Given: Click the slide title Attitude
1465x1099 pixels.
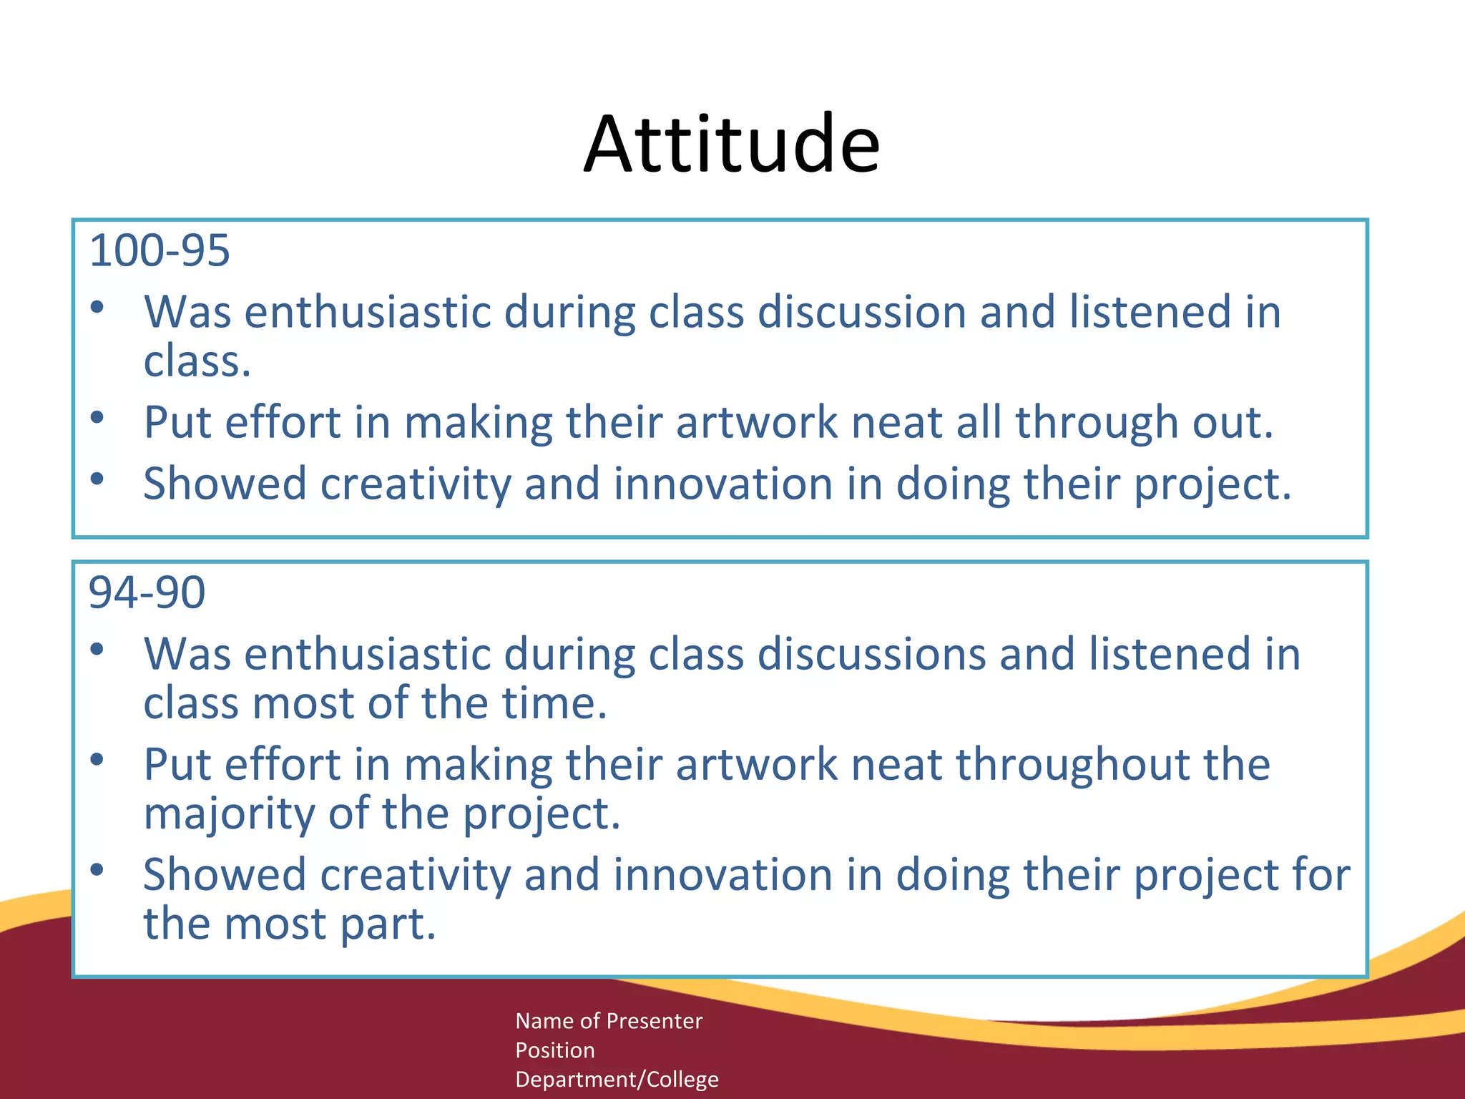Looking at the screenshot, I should (x=731, y=145).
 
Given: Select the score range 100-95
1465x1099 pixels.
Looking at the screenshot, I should (x=159, y=251).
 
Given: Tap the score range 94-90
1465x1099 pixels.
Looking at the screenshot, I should (x=147, y=593).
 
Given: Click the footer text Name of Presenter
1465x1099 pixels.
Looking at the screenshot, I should (x=609, y=1021).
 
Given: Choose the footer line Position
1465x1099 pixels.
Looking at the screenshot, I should (x=555, y=1050).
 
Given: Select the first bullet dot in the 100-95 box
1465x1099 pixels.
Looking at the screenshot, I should (x=98, y=308).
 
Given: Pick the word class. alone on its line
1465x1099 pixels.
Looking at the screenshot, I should (x=197, y=361).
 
